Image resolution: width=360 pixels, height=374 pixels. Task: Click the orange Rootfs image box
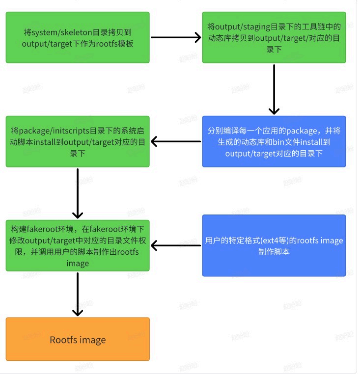(78, 340)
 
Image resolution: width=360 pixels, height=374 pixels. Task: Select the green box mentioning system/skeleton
(78, 38)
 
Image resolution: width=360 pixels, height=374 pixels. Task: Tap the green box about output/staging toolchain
(274, 38)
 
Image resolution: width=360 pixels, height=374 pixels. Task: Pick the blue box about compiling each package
(274, 142)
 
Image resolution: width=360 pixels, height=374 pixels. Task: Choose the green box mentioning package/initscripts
(78, 142)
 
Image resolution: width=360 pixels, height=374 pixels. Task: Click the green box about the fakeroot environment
(78, 245)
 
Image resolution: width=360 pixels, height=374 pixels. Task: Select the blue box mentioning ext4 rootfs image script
(274, 245)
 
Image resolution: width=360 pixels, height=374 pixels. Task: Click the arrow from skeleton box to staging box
(176, 37)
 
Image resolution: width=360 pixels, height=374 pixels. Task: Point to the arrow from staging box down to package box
(274, 89)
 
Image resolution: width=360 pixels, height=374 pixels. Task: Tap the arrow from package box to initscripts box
(176, 142)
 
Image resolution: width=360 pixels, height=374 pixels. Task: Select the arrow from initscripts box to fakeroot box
(78, 192)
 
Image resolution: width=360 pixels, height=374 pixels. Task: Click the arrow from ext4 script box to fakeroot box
(176, 245)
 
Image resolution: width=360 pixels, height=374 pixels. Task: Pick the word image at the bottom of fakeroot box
(78, 263)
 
